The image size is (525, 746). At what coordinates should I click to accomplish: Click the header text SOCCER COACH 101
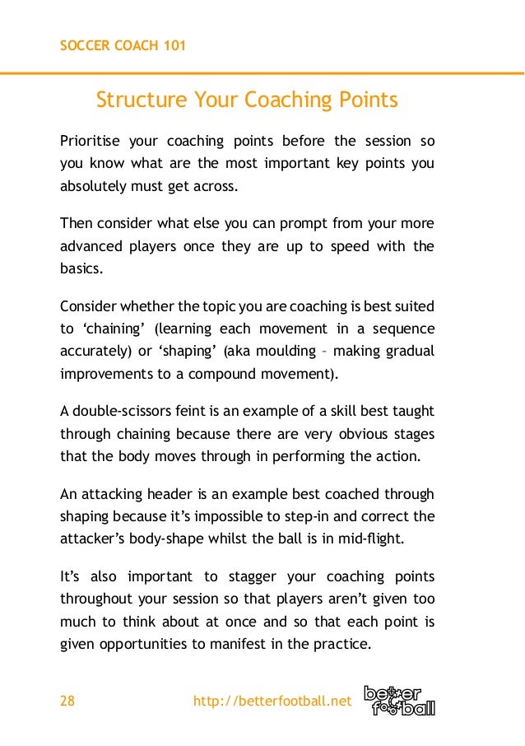pos(123,45)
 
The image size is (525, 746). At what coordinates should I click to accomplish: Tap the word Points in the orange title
pos(367,100)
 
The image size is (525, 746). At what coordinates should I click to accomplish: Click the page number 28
pos(67,702)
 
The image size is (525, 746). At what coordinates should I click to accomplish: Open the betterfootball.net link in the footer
pos(272,702)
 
